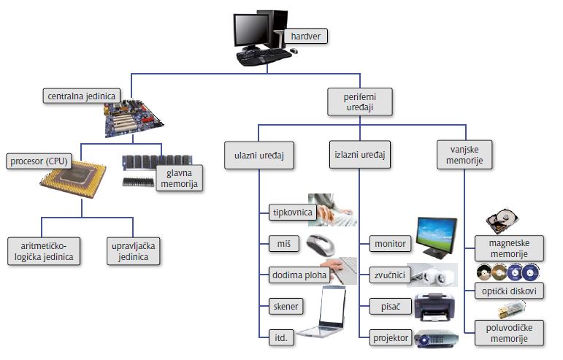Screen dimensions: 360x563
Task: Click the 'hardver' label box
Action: tap(306, 36)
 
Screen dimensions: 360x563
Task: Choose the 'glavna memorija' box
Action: tap(179, 178)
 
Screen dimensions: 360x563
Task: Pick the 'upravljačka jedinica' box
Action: tap(132, 250)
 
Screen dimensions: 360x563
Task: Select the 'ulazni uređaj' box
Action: tap(258, 156)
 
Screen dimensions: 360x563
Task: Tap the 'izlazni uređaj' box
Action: tap(359, 156)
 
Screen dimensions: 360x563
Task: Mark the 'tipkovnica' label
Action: tap(291, 212)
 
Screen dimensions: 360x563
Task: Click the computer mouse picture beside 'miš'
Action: tap(324, 242)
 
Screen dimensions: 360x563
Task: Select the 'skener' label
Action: tap(284, 306)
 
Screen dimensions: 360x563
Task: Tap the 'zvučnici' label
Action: tap(388, 275)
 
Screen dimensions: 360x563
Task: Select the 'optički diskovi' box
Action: tap(510, 291)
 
